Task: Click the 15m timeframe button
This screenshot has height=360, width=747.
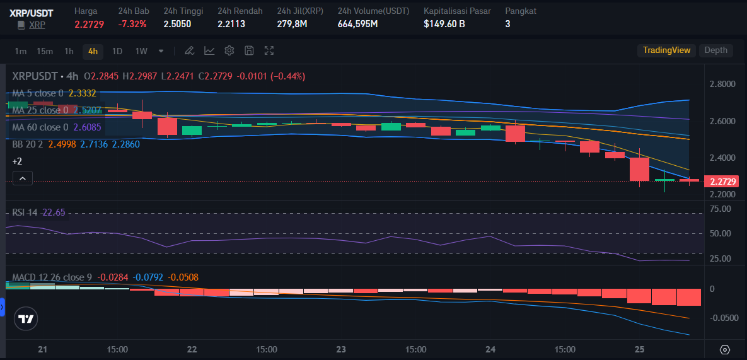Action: (x=44, y=50)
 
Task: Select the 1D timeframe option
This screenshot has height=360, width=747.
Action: (x=117, y=50)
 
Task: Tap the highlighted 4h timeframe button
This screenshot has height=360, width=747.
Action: (x=93, y=50)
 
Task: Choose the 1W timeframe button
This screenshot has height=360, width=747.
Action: (x=141, y=50)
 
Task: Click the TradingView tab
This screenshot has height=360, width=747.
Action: (x=666, y=50)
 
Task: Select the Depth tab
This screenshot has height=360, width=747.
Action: (x=715, y=50)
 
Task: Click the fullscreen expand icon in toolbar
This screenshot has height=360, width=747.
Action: (x=269, y=50)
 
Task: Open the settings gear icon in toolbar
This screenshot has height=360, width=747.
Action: (x=229, y=50)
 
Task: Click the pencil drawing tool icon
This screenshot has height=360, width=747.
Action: (x=189, y=50)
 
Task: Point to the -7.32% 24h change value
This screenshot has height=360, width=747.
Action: (x=132, y=24)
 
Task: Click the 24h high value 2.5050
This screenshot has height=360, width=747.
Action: (x=177, y=24)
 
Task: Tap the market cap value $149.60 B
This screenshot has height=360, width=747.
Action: (x=444, y=24)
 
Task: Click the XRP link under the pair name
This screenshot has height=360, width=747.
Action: (x=37, y=25)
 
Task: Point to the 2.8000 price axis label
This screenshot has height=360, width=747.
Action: (x=722, y=84)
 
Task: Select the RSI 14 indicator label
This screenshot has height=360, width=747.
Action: (x=25, y=212)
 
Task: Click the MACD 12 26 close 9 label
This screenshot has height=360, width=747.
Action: (x=52, y=277)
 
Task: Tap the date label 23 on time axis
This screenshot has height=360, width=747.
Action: (x=342, y=349)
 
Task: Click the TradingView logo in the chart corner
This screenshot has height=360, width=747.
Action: (x=25, y=319)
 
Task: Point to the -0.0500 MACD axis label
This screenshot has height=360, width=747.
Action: (x=723, y=318)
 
